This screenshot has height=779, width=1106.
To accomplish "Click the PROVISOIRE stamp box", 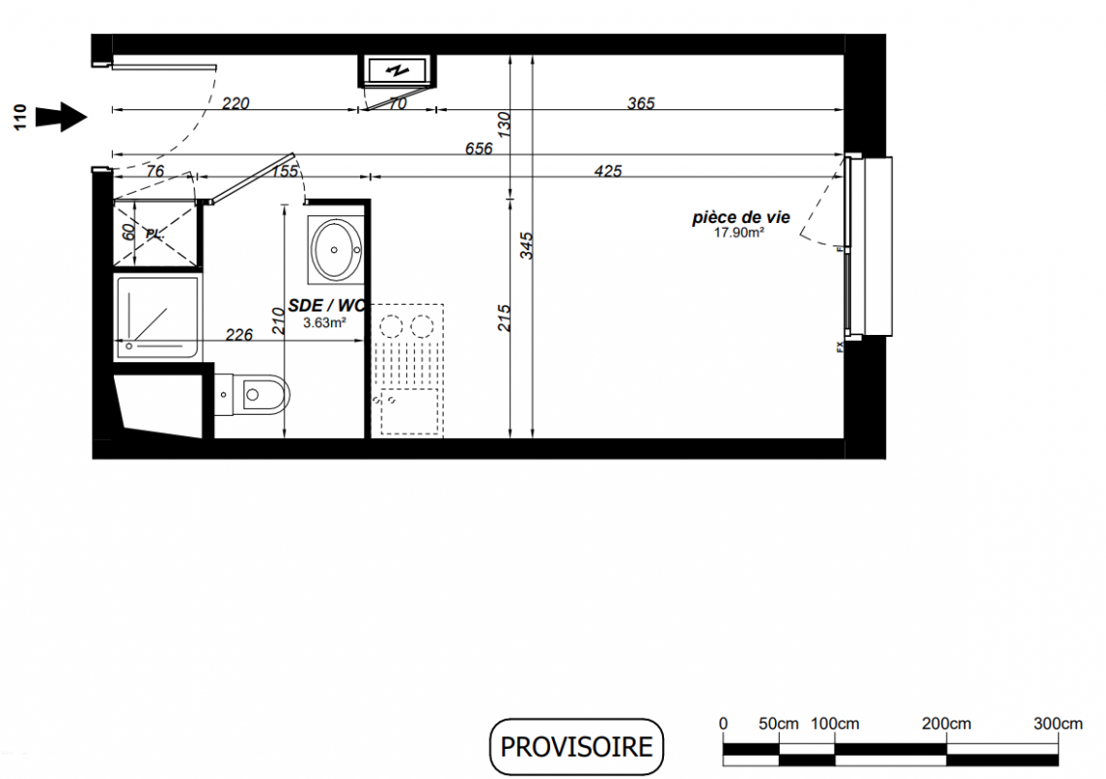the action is click(576, 747).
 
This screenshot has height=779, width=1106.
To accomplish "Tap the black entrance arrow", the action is click(61, 117).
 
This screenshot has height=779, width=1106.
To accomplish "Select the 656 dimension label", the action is click(479, 148).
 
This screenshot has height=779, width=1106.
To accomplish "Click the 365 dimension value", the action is click(642, 103).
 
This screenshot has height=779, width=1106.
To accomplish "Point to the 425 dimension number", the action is click(608, 170).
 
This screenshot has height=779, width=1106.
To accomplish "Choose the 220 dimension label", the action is click(236, 103).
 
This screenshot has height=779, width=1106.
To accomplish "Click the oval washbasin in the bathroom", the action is click(337, 249).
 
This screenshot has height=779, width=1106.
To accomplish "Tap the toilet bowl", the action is click(264, 394).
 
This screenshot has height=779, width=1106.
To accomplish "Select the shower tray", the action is click(158, 317).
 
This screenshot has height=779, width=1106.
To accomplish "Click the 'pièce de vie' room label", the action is click(741, 217).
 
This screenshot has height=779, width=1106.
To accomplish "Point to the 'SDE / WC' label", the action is click(326, 306).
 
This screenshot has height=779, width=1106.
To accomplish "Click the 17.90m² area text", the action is click(739, 233).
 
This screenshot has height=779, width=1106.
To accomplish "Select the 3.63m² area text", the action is click(324, 323).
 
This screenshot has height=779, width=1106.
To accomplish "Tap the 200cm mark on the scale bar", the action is click(946, 723).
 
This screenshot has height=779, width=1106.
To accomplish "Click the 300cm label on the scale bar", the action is click(1057, 723).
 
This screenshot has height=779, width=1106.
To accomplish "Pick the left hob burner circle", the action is click(390, 327).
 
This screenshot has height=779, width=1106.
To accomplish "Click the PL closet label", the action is click(155, 234).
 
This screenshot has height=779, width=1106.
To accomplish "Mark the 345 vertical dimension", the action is click(527, 245).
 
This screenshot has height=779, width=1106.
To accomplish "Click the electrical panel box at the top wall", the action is click(398, 70).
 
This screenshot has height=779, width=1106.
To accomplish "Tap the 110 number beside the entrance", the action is click(19, 117).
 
